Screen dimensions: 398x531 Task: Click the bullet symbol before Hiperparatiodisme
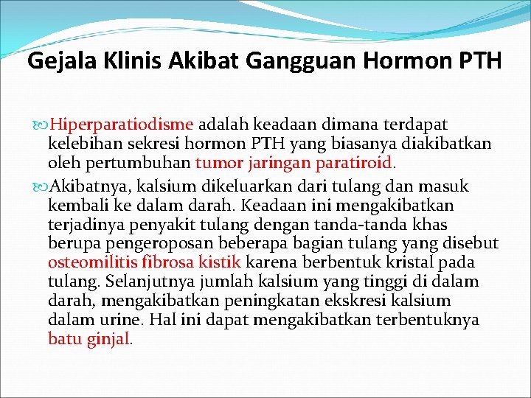[40, 125]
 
